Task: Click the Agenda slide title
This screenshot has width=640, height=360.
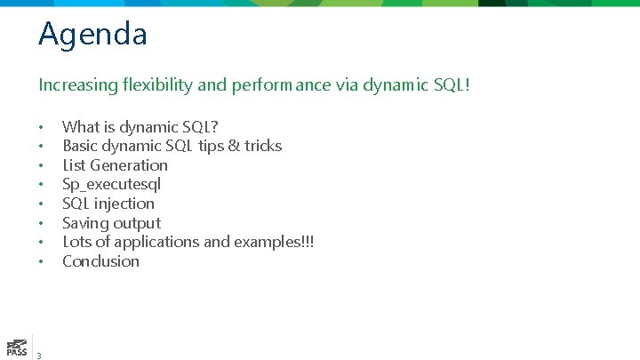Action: click(x=92, y=36)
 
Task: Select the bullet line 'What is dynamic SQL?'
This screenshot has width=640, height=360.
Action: click(x=140, y=127)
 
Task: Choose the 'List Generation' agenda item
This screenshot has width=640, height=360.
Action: click(x=115, y=165)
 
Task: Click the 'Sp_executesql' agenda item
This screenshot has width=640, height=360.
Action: click(x=111, y=185)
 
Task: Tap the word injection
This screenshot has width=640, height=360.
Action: click(x=125, y=204)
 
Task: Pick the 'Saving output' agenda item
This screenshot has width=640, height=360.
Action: click(x=111, y=223)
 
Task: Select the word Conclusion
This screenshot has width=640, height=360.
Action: click(x=100, y=261)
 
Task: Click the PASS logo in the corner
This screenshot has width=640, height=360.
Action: click(x=15, y=347)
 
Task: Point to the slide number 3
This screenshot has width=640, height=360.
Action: click(x=39, y=355)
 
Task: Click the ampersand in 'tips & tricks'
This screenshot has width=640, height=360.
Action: click(x=233, y=146)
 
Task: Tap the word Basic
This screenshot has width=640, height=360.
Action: click(x=81, y=146)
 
